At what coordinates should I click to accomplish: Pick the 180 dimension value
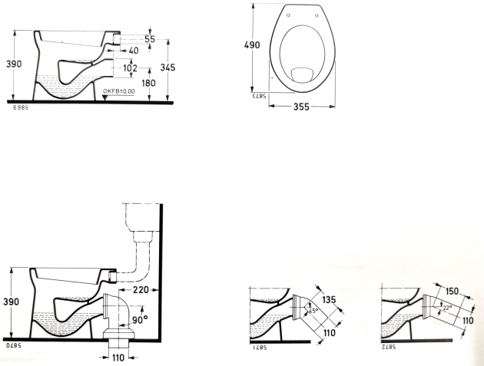[148, 83]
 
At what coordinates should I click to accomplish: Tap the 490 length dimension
[252, 45]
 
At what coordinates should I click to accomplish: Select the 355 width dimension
[300, 107]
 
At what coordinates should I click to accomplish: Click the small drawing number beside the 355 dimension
[257, 97]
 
